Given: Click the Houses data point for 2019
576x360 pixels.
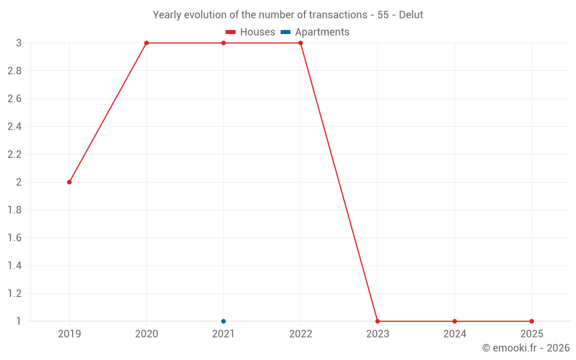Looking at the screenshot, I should [69, 182].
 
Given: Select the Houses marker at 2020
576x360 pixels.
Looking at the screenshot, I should [146, 43].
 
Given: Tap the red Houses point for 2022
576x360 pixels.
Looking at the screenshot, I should [301, 43].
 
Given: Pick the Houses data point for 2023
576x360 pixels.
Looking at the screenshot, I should [377, 321].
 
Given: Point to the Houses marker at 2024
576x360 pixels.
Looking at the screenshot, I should [454, 321].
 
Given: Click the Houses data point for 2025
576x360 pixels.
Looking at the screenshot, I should [532, 321].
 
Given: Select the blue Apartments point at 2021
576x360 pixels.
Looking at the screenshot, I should [223, 321].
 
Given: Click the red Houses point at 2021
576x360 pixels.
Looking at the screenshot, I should [223, 43].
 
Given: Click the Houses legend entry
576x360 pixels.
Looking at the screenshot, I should [251, 32].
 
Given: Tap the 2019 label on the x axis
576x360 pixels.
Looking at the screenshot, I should [69, 334].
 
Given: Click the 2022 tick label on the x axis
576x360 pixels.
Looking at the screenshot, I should [301, 334].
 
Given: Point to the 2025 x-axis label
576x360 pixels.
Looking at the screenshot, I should [532, 334].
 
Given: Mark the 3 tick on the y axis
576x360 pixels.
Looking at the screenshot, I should [18, 43].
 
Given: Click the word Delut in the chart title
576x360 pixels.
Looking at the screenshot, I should [411, 15].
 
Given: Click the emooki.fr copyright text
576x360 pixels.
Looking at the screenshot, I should [526, 348].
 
